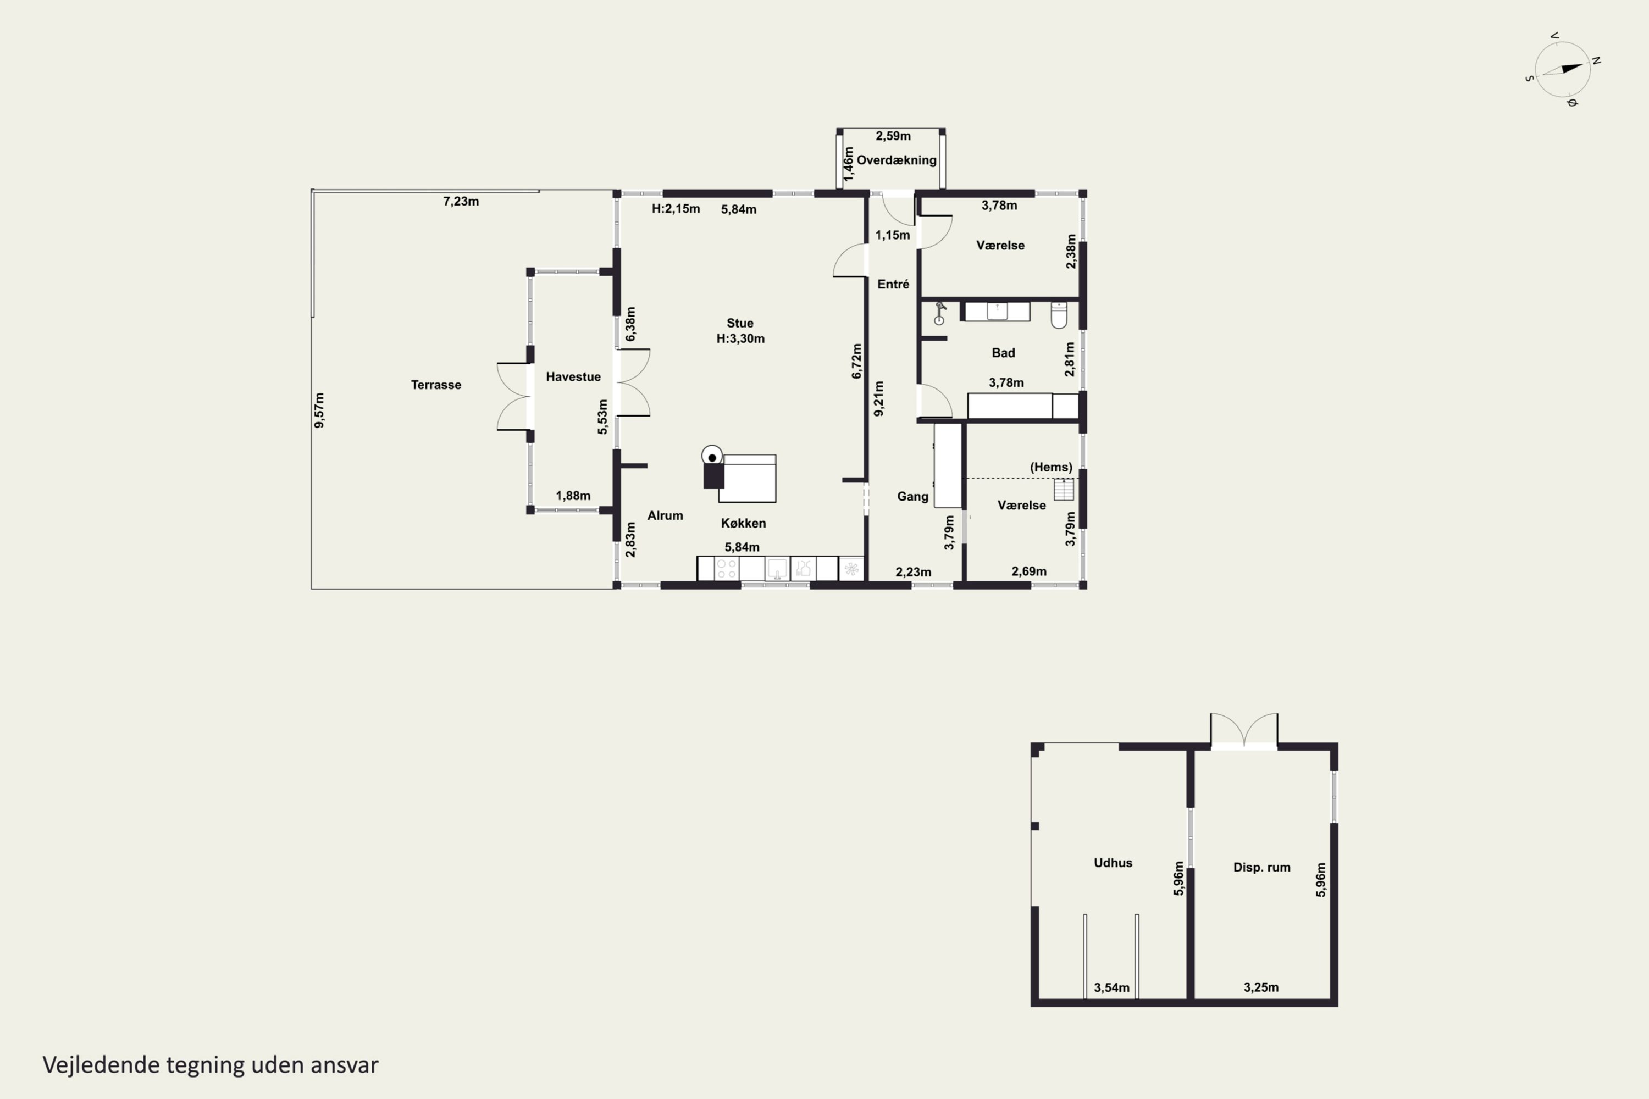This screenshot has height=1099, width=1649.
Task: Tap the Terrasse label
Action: click(436, 385)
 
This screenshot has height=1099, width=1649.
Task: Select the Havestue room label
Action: click(573, 376)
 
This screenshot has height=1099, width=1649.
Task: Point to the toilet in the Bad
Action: click(1059, 315)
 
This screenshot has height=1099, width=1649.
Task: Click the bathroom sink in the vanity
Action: click(997, 310)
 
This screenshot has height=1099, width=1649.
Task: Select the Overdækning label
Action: click(897, 160)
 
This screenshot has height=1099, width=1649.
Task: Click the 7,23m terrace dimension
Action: click(461, 201)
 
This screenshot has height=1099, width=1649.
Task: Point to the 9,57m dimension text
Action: click(319, 410)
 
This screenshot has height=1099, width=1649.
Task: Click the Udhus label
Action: click(1113, 863)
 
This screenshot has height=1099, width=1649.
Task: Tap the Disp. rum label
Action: click(1261, 867)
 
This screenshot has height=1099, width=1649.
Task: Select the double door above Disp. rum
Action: click(1244, 730)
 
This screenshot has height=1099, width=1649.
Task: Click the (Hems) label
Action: click(1051, 467)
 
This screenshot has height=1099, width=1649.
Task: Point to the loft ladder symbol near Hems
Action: click(1064, 489)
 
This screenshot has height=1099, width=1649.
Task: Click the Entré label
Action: click(893, 284)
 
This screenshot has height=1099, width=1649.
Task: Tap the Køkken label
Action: click(743, 523)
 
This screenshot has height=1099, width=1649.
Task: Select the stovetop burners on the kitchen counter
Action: click(726, 568)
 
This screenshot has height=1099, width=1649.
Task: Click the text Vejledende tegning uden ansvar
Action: click(211, 1065)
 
